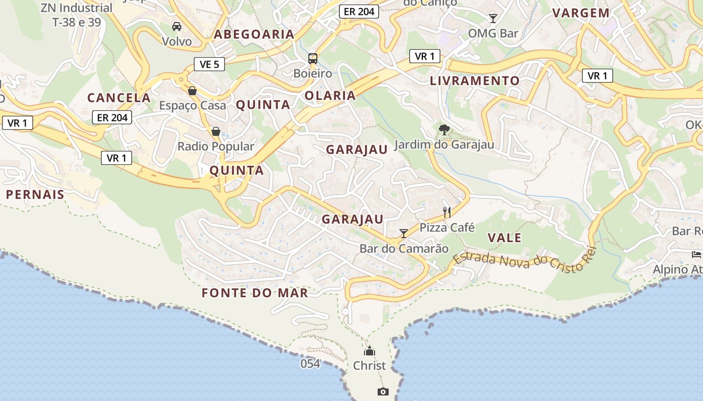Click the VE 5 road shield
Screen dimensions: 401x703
[209, 64]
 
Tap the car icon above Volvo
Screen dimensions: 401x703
[177, 26]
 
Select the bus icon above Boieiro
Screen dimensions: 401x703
[313, 58]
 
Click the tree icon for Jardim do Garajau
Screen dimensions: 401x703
[444, 130]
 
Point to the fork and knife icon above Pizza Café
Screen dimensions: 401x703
[447, 213]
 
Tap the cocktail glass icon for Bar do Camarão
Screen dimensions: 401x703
[403, 234]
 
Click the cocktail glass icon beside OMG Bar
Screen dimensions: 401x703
[493, 19]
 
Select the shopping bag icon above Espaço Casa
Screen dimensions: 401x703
[192, 91]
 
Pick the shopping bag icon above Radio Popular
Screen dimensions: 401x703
[216, 131]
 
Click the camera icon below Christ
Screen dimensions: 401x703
[383, 391]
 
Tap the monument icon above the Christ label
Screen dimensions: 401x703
[370, 351]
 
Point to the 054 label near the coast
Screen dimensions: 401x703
[310, 363]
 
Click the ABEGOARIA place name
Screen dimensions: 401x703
[254, 34]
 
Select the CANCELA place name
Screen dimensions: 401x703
[119, 98]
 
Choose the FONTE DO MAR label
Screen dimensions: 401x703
[255, 293]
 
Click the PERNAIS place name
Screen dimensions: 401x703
[35, 194]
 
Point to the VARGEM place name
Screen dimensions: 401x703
[581, 13]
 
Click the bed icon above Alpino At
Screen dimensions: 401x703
[696, 255]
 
